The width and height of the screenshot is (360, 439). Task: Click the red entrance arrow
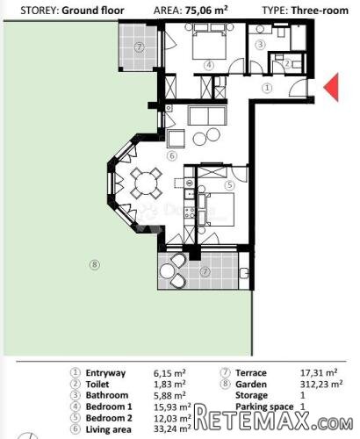click(x=333, y=87)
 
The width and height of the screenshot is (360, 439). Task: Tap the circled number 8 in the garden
click(x=95, y=265)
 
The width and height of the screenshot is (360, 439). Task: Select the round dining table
click(x=146, y=184)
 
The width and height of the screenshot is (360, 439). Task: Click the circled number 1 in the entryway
click(x=267, y=88)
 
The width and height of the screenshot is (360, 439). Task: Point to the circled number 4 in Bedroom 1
click(x=209, y=65)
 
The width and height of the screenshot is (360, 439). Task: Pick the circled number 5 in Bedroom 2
click(x=230, y=185)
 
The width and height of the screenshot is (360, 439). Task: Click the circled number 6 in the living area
click(x=172, y=155)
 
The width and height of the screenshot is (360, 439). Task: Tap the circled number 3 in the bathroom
click(x=260, y=45)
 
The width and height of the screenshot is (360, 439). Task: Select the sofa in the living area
click(x=208, y=115)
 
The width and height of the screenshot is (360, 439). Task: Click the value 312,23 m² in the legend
click(x=321, y=384)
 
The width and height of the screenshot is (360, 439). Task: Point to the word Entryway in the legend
click(x=105, y=373)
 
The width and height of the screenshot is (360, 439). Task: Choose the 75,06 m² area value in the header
click(x=206, y=11)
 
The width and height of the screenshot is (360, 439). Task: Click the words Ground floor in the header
click(x=93, y=11)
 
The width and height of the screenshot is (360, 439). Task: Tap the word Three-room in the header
click(x=320, y=11)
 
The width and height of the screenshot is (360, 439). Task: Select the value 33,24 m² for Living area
click(x=172, y=429)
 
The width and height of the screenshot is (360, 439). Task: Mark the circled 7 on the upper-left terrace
click(x=140, y=47)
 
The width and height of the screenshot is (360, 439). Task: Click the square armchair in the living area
click(x=176, y=139)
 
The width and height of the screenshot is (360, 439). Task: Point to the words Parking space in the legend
click(x=264, y=407)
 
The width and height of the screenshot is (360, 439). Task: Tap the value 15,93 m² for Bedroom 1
click(x=172, y=407)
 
